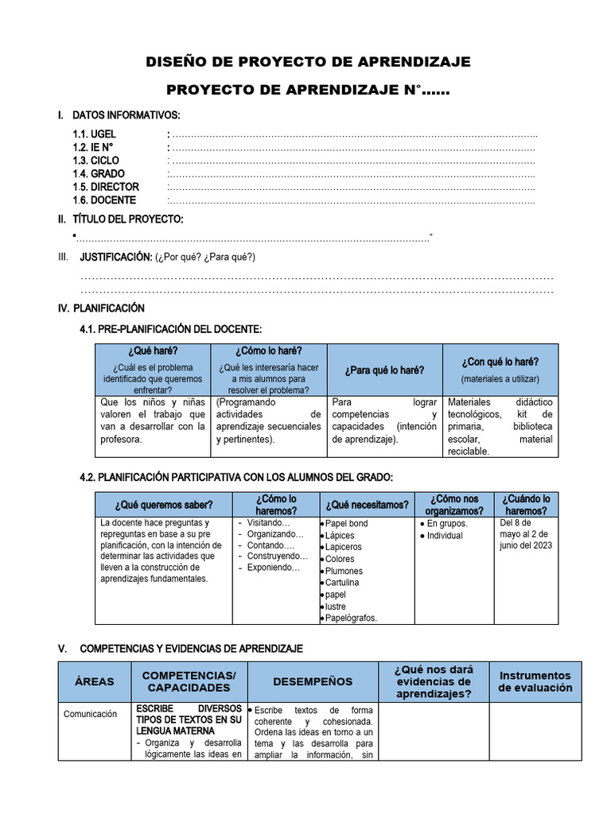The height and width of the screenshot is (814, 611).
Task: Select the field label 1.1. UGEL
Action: [94, 134]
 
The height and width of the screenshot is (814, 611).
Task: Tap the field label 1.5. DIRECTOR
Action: [105, 187]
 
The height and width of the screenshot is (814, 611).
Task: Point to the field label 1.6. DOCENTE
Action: [103, 200]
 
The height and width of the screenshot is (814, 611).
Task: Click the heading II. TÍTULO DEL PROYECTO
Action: [127, 219]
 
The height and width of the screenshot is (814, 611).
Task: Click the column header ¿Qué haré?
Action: [152, 351]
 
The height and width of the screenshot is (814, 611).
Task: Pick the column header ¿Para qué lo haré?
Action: [384, 370]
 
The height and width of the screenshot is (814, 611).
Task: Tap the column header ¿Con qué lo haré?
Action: [500, 362]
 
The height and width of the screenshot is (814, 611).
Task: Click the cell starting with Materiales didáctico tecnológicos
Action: [500, 426]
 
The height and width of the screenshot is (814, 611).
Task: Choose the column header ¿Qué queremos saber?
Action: [164, 505]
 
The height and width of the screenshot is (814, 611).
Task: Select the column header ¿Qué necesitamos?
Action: [367, 505]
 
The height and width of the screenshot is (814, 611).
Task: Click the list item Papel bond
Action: [346, 524]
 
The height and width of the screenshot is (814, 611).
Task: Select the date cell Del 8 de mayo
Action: [526, 534]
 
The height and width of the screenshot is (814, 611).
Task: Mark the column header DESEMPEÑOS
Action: [313, 681]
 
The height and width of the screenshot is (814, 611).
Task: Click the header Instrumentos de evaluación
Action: [535, 681]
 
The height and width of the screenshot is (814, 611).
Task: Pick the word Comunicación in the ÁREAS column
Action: [90, 714]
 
